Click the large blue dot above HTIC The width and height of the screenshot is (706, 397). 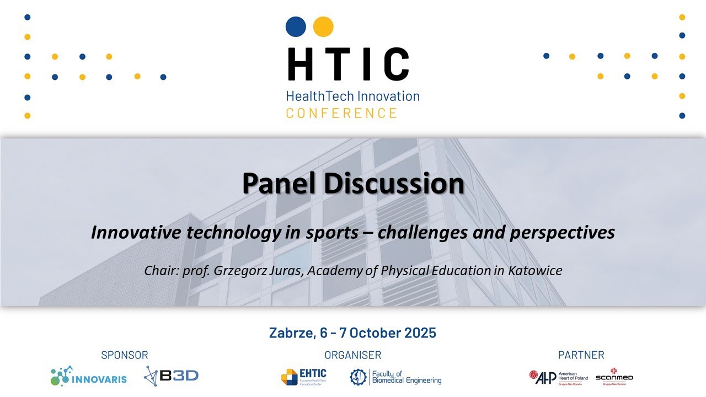click(x=296, y=26)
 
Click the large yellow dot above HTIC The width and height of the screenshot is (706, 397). click(x=323, y=26)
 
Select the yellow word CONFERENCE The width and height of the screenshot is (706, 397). click(x=341, y=113)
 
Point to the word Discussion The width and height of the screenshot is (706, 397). click(x=394, y=184)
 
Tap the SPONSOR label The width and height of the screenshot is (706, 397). click(x=125, y=355)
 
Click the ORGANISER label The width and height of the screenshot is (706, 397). click(x=353, y=355)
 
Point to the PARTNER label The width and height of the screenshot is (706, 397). click(x=581, y=355)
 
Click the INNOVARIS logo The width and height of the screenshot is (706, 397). click(x=89, y=377)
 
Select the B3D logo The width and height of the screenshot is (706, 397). click(x=171, y=376)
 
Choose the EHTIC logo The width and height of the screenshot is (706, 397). click(x=304, y=377)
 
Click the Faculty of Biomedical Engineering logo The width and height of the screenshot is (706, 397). click(x=395, y=377)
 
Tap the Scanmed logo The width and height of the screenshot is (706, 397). click(x=614, y=375)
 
